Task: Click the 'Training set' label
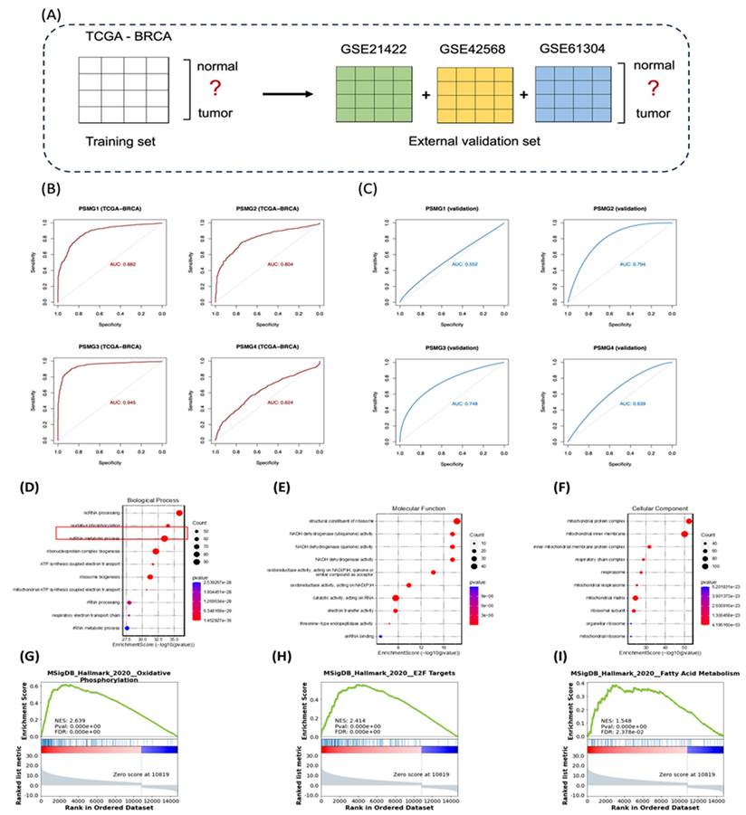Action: tap(117, 142)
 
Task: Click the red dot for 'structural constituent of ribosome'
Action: tap(457, 520)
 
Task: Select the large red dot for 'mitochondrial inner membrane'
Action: tap(684, 535)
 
